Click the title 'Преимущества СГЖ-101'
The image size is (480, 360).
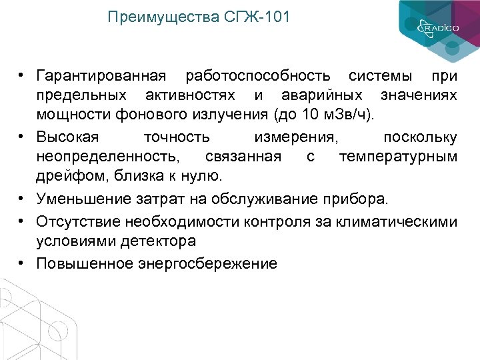click(x=199, y=17)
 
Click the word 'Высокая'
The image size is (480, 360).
click(x=68, y=137)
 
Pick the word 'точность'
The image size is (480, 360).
click(x=177, y=137)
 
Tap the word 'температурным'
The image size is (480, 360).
click(x=398, y=157)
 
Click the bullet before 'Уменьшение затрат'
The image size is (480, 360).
click(x=22, y=199)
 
